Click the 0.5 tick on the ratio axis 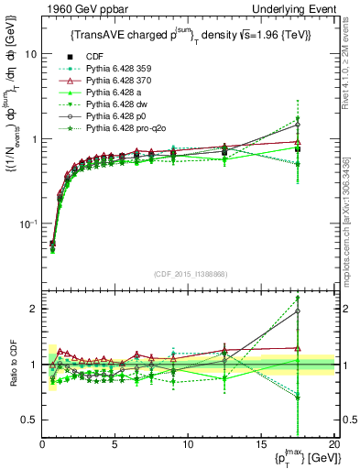(x=31, y=420)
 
